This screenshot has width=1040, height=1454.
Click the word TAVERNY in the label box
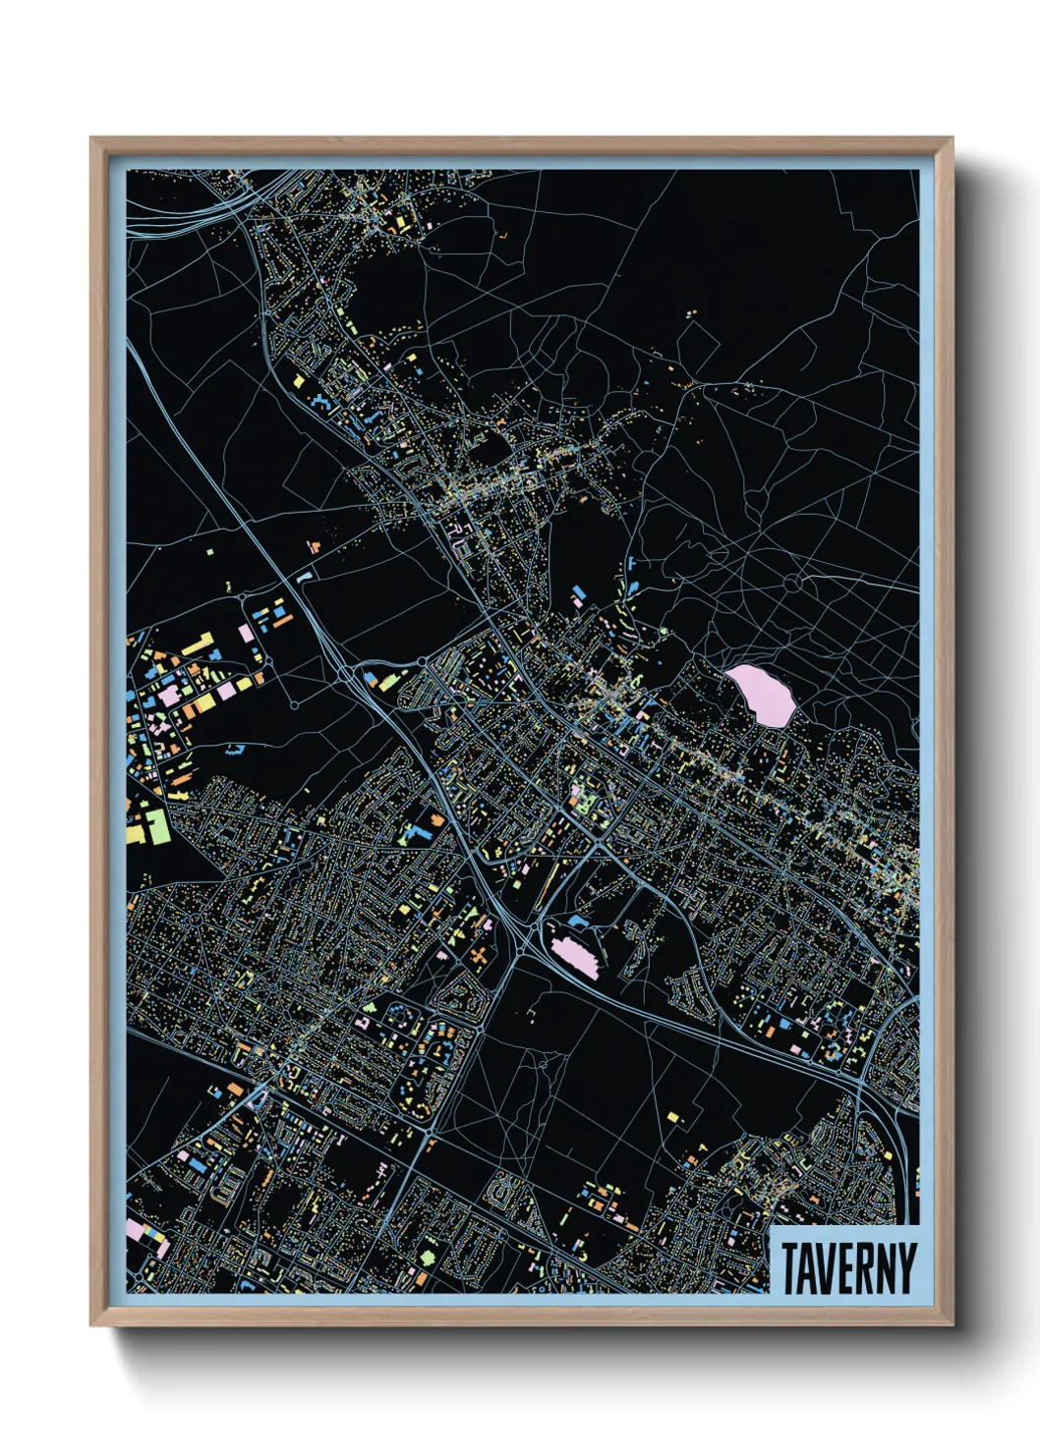[x=847, y=1268]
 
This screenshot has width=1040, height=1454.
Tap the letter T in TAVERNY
[x=789, y=1268]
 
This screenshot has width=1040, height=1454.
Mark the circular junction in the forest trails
[x=792, y=584]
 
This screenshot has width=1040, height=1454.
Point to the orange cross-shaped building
[x=480, y=954]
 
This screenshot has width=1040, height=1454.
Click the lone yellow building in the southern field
[x=672, y=1116]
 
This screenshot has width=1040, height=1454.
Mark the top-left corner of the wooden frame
[x=92, y=140]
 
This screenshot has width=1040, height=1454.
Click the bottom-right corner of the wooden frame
[x=951, y=1324]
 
